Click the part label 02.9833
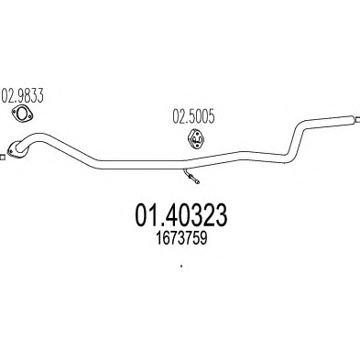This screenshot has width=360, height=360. (x=23, y=95)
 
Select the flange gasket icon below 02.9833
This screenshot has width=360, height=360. (x=22, y=113)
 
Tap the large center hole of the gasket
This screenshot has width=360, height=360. (x=22, y=113)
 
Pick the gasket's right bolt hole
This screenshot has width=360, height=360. (x=29, y=115)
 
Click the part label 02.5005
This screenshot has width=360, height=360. (x=193, y=116)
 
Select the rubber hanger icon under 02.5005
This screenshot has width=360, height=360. (x=196, y=139)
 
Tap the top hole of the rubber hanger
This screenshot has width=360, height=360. (x=195, y=135)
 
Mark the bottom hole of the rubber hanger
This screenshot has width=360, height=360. (x=197, y=145)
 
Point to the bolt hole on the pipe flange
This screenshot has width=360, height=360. (x=11, y=150)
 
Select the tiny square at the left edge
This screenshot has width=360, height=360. (x=3, y=158)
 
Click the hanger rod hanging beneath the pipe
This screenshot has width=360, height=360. (x=191, y=175)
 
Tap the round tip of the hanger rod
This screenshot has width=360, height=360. (x=198, y=182)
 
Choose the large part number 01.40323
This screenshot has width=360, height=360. (x=181, y=215)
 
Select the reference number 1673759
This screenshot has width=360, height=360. (x=181, y=238)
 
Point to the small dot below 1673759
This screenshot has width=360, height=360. (x=181, y=266)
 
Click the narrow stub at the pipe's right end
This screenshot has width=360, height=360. (x=355, y=120)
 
